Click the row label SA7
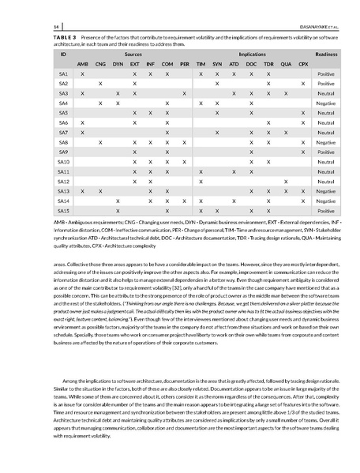(x=63, y=133)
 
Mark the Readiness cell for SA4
(x=326, y=103)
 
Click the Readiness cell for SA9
(x=326, y=152)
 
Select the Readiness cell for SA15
(x=326, y=211)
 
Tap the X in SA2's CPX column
(x=303, y=83)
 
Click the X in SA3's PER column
(x=184, y=93)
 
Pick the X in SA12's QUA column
(x=286, y=182)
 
